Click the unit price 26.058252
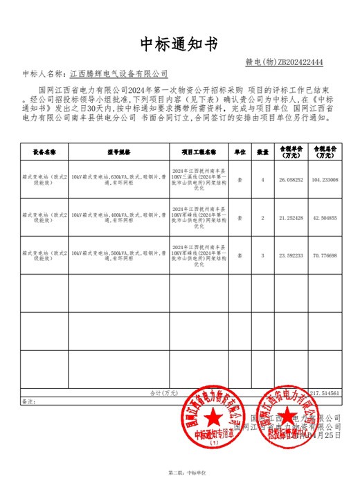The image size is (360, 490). (291, 180)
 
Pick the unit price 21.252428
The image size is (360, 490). (291, 218)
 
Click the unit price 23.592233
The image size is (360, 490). (291, 255)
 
